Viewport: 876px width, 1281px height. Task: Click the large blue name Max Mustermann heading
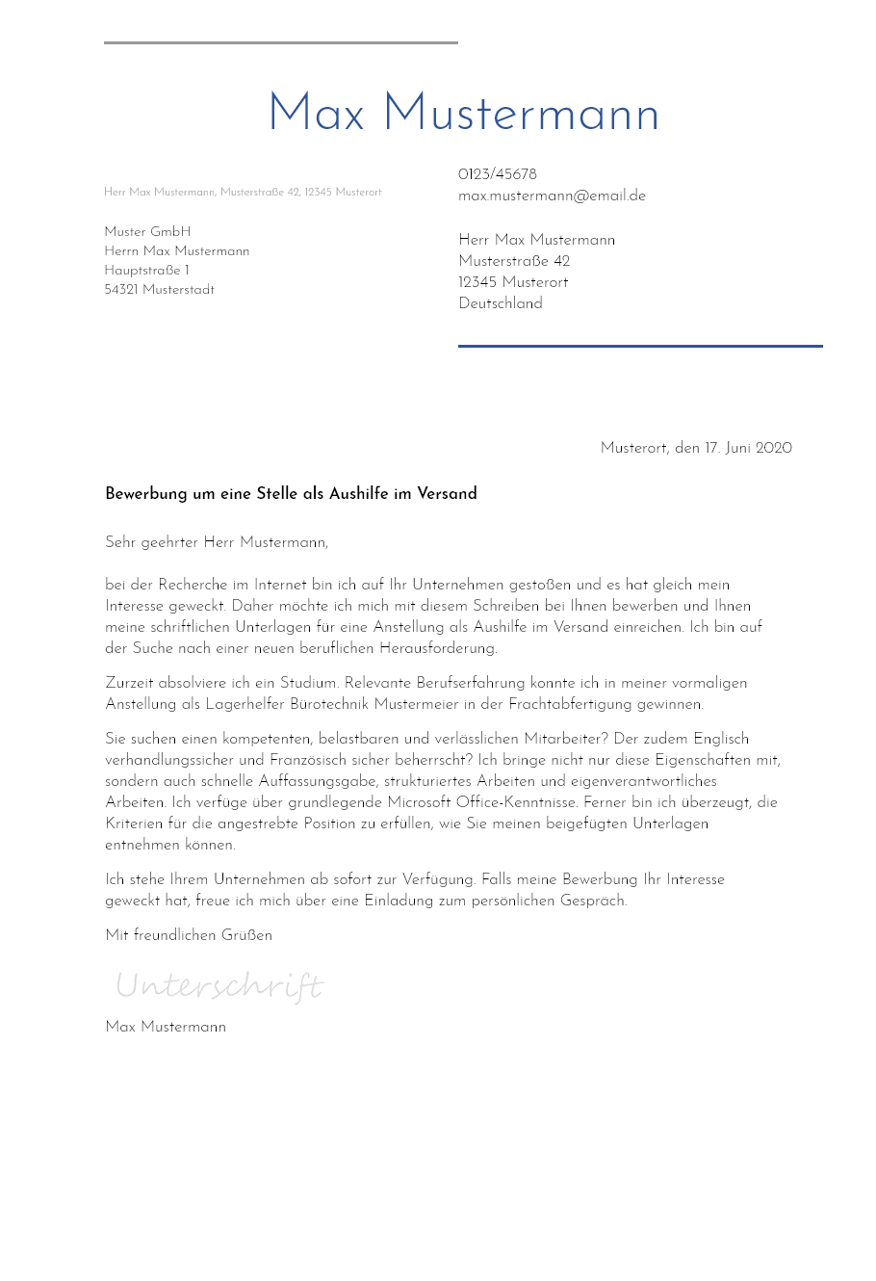tap(463, 115)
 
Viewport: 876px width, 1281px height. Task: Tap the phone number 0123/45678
tap(498, 174)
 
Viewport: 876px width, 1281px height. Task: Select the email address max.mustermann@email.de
tap(552, 196)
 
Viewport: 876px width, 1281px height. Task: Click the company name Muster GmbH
tap(147, 232)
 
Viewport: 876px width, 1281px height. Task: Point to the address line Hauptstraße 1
tap(146, 271)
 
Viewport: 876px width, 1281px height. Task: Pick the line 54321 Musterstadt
tap(159, 290)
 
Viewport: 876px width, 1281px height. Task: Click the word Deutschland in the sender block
tap(501, 303)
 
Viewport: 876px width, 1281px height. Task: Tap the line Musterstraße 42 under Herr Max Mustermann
tap(514, 261)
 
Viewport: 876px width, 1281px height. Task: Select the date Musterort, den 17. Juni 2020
tap(696, 448)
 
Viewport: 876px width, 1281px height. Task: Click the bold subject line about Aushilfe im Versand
tap(291, 494)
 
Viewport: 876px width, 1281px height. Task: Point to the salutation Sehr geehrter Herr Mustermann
tap(217, 542)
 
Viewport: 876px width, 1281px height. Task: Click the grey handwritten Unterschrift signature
tap(219, 985)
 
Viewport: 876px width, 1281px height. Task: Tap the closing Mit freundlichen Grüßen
tap(189, 935)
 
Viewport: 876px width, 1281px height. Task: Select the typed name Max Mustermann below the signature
tap(166, 1027)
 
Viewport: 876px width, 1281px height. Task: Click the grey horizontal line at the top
tap(281, 42)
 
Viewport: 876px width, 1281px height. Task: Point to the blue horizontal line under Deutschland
tap(640, 346)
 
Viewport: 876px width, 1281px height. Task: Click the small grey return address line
tap(243, 193)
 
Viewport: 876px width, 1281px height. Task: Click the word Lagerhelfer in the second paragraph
tap(245, 704)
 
